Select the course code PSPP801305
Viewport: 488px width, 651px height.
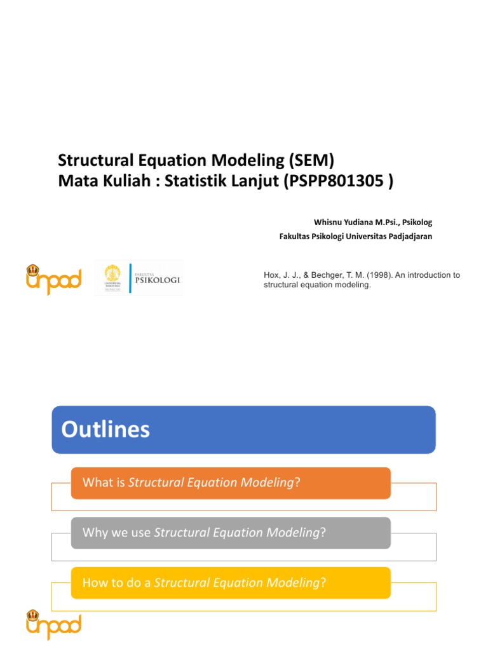coord(335,181)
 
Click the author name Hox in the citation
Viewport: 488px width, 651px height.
coord(271,275)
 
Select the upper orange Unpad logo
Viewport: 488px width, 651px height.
coord(53,279)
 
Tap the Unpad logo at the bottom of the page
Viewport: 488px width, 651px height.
coord(53,624)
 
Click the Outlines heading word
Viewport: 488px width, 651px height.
coord(105,430)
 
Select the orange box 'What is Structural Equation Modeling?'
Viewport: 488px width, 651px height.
coord(230,483)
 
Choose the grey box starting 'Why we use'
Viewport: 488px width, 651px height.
coord(230,533)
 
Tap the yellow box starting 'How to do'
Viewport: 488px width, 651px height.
coord(230,582)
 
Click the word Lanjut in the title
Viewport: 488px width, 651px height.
coord(251,181)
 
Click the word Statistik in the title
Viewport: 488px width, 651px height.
coord(193,181)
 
